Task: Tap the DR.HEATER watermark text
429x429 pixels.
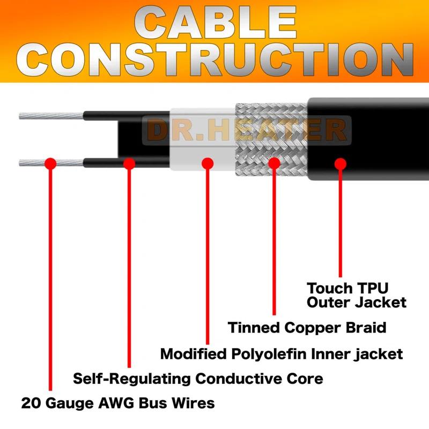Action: (x=247, y=130)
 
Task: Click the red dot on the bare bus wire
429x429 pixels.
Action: (x=50, y=163)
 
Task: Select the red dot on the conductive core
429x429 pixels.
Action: (x=129, y=163)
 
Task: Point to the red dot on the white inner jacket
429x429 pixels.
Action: (x=208, y=163)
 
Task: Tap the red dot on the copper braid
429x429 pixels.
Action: (x=274, y=163)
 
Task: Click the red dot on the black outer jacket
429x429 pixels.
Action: (x=340, y=163)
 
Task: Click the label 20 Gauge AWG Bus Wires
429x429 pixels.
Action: (x=118, y=403)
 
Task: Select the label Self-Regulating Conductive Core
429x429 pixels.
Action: (x=198, y=379)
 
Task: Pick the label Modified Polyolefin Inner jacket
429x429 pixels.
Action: (x=282, y=354)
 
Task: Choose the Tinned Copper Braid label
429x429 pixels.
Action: (x=307, y=327)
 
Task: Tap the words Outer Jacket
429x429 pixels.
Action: (x=356, y=302)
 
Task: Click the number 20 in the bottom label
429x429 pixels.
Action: (x=30, y=403)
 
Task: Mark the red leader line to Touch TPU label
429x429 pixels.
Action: (x=340, y=225)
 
